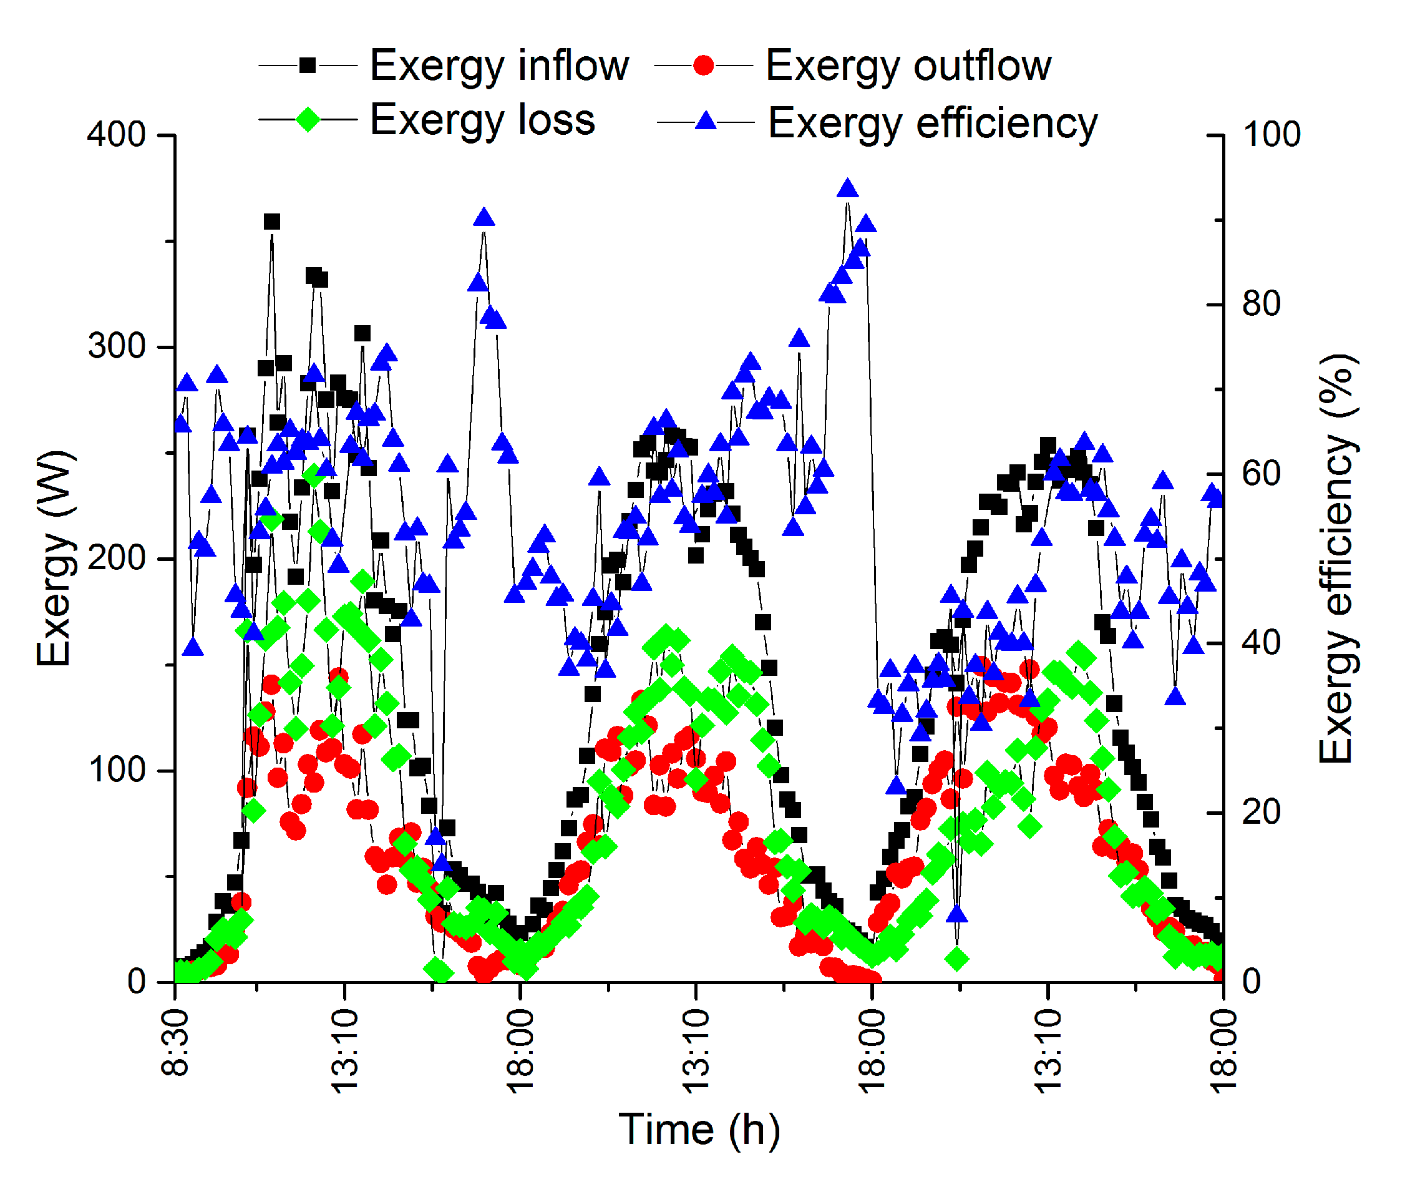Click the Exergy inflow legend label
498,66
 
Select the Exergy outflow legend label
908,66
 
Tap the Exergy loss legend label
482,120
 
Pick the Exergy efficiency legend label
932,123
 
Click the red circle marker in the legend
703,66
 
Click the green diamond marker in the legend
308,120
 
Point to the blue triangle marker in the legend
706,122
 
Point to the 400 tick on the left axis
116,134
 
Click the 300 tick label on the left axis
116,346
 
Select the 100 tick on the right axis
1271,134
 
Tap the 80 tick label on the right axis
1260,303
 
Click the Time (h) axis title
699,1129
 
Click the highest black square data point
271,222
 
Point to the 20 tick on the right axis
1260,812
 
